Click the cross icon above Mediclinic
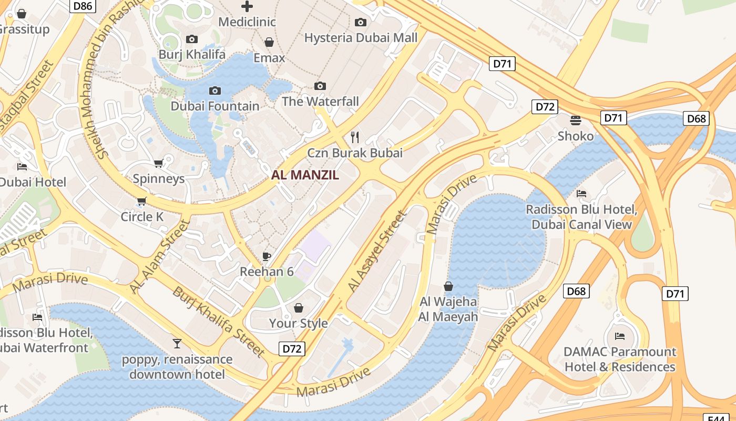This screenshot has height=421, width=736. tap(247, 6)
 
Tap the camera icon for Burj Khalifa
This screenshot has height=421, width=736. tap(192, 39)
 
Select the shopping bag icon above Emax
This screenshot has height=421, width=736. tap(269, 42)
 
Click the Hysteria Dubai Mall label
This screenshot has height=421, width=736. tap(361, 38)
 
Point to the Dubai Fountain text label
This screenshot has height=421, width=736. tap(215, 106)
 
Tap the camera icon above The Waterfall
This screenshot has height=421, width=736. tap(320, 86)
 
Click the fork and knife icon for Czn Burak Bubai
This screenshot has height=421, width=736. tap(355, 137)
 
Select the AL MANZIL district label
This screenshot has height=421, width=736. tap(305, 176)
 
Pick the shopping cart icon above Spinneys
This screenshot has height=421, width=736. tap(158, 163)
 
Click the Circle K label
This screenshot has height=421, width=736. tap(142, 217)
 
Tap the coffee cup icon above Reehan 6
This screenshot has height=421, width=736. tap(267, 256)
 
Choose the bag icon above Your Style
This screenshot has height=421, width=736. tap(299, 307)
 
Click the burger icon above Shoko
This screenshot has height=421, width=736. tap(576, 121)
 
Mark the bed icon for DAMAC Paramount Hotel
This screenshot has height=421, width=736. tap(620, 336)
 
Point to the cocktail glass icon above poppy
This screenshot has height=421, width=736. tap(177, 344)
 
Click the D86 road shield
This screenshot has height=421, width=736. tap(85, 6)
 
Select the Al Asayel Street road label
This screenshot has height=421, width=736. tap(377, 252)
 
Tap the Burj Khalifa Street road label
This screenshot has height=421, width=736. tap(219, 321)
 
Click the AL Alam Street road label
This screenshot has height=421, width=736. tap(159, 257)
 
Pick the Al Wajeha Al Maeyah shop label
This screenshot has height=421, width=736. tap(448, 309)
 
